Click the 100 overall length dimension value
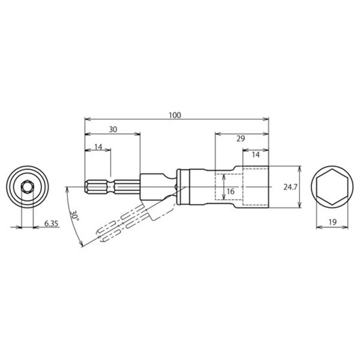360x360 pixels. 175,115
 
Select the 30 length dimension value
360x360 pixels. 113,130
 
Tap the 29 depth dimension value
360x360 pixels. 241,139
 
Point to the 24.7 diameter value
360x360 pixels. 290,187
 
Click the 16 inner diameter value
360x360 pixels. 230,191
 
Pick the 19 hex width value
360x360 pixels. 332,222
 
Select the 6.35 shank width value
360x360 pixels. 51,223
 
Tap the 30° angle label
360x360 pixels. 74,215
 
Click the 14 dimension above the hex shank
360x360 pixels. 98,147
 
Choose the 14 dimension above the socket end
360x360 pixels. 256,155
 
